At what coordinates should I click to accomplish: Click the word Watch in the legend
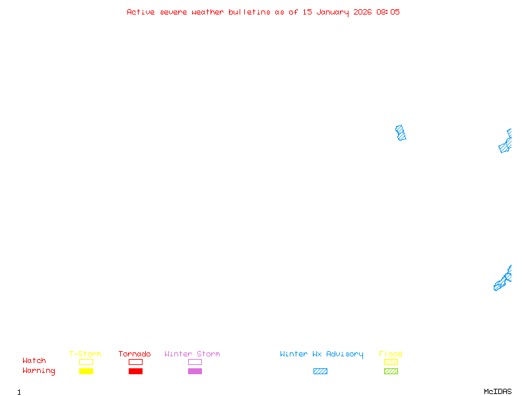pos(34,361)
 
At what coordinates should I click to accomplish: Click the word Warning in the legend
pos(39,371)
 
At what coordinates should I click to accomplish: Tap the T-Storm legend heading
pos(85,354)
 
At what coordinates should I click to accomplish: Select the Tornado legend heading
pos(135,354)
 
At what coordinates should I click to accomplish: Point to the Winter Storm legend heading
pos(192,354)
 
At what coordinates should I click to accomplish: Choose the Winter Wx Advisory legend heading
pos(321,354)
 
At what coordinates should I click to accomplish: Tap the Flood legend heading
pos(391,354)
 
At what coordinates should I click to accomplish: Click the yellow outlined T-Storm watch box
pos(86,362)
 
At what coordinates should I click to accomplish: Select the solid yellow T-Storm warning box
pos(86,372)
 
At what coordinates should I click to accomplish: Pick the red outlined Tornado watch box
pos(135,362)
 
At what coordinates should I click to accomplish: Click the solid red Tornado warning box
pos(135,372)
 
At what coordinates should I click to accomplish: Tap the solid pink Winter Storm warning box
pos(195,372)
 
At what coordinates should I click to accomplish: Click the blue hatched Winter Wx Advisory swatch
pos(320,372)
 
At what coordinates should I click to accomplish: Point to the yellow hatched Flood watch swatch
pos(391,362)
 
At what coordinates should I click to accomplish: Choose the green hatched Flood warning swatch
pos(391,372)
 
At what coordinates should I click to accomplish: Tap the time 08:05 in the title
pos(388,12)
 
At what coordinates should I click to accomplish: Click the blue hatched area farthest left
pos(401,133)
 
